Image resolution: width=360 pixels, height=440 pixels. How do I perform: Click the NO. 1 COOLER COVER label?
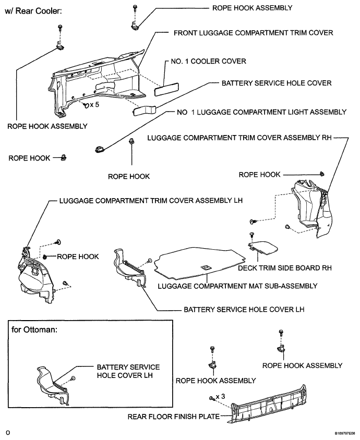coord(208,62)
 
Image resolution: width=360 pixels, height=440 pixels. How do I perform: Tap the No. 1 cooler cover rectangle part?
coord(166,89)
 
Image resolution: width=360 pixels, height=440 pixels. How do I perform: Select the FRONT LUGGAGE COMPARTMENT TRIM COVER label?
coord(253,33)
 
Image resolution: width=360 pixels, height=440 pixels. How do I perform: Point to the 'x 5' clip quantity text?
coord(94,105)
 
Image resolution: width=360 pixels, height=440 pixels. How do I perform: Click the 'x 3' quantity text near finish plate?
coord(221,397)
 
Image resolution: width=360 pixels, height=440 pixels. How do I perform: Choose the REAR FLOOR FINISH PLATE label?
coord(174,417)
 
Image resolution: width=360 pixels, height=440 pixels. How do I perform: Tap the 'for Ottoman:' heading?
coord(34,329)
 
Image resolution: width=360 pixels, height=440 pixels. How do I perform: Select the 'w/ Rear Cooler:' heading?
coord(33,11)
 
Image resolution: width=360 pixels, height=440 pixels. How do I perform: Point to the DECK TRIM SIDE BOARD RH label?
coord(285,268)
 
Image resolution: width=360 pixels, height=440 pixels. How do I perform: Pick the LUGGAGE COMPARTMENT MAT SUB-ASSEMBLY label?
coord(237,286)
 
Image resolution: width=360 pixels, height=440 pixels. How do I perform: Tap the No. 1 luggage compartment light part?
coord(100,149)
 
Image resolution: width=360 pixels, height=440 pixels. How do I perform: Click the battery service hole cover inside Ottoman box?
coord(53,385)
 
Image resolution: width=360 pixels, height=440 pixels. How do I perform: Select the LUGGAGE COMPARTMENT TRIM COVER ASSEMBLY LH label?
coord(151,201)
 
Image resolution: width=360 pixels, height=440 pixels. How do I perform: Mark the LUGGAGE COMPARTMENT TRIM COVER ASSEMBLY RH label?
coord(239,138)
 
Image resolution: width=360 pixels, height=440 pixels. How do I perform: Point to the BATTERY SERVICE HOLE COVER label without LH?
coord(277,83)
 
